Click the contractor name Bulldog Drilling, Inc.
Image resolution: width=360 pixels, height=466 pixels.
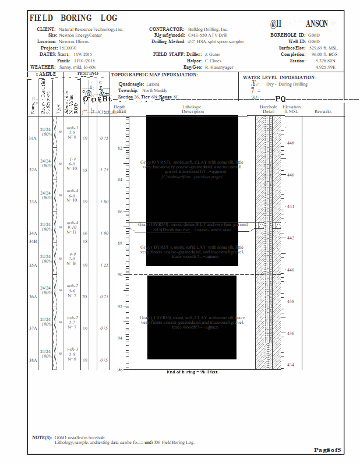[208, 29]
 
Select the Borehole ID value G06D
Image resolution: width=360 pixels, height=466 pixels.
[314, 36]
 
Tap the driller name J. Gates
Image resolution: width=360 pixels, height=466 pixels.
[213, 54]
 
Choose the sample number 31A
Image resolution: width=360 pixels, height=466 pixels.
[33, 139]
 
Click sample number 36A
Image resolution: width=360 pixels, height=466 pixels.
[33, 297]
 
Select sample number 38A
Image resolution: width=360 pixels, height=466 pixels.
[33, 361]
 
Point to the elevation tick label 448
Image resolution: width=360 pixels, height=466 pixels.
[291, 143]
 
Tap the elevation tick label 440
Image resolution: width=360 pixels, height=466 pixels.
[291, 270]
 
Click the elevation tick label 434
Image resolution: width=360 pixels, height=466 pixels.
[291, 365]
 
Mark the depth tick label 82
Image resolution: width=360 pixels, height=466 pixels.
[121, 148]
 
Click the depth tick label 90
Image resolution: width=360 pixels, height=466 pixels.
[121, 274]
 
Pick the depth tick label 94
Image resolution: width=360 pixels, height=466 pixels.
[121, 338]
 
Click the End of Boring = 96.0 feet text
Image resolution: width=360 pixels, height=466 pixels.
[192, 372]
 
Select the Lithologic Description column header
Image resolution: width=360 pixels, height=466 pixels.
[192, 110]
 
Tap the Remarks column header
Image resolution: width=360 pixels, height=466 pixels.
[323, 112]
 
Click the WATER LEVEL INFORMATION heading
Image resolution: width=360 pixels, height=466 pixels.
[279, 77]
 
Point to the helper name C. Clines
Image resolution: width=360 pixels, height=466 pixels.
[213, 61]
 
